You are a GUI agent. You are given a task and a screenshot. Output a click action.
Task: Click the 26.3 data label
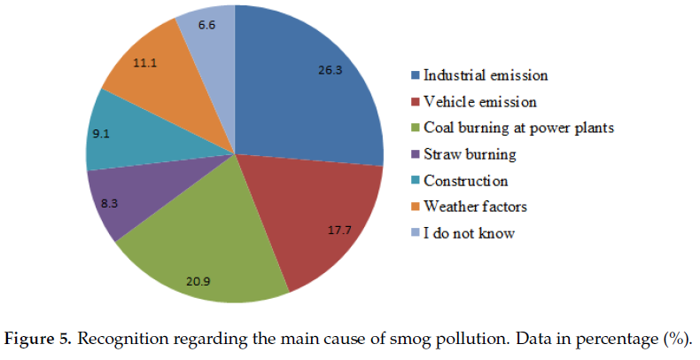point(331,68)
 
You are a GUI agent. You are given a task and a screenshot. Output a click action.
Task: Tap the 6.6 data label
point(208,25)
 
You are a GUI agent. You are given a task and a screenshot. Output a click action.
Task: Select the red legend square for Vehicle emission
point(413,101)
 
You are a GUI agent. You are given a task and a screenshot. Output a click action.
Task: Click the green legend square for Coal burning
point(413,128)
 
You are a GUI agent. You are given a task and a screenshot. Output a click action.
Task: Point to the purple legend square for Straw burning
point(413,154)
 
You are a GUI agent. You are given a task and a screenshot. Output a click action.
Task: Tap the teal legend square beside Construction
point(413,181)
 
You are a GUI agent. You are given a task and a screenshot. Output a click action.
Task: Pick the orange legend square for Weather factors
point(413,207)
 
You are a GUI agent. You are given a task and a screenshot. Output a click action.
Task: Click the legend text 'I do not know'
point(468,233)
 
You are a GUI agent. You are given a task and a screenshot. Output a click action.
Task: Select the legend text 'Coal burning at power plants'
point(518,128)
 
